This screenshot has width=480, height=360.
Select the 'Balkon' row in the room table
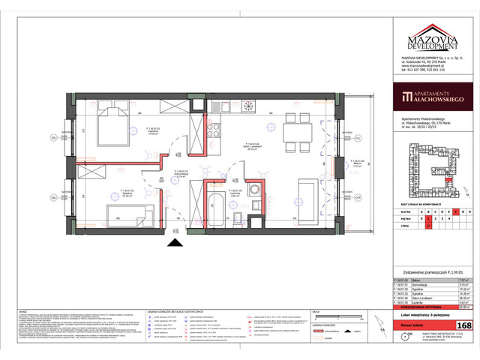(x=427, y=277)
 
